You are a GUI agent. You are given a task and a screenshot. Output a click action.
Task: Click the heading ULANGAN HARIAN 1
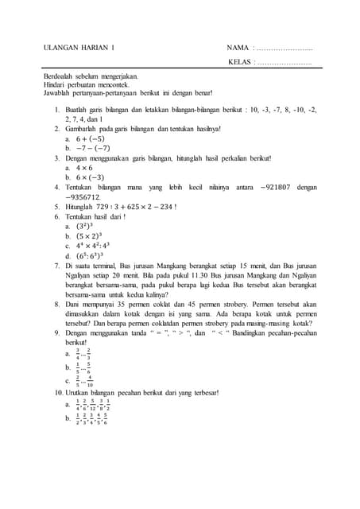pyautogui.click(x=78, y=49)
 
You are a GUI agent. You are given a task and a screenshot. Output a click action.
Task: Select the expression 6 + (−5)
pyautogui.click(x=90, y=138)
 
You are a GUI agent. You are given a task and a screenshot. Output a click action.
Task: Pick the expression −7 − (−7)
pyautogui.click(x=93, y=148)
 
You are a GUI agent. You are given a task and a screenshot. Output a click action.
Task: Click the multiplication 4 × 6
pyautogui.click(x=85, y=169)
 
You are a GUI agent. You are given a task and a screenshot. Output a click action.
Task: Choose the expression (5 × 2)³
pyautogui.click(x=89, y=236)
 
